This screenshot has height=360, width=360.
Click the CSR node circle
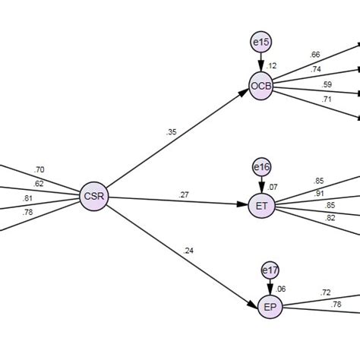[96, 198]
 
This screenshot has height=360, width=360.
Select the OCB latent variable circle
[261, 86]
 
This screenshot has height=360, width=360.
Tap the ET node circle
[261, 206]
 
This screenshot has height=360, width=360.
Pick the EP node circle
[269, 307]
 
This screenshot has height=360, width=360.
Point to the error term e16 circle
[261, 166]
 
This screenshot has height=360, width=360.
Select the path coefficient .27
[183, 194]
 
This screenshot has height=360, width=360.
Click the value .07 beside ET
[274, 187]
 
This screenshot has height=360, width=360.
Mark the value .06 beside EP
[282, 289]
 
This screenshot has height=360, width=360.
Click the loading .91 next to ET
[320, 192]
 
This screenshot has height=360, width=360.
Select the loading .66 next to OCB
[314, 55]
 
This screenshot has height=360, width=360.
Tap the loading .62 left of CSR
[39, 183]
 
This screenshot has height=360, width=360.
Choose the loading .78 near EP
[336, 304]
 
